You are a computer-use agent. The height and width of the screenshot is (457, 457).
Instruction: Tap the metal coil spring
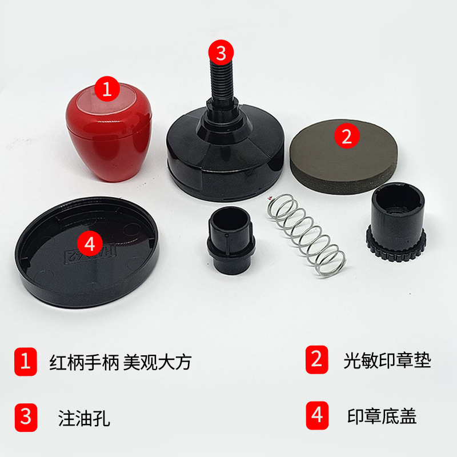click(x=307, y=235)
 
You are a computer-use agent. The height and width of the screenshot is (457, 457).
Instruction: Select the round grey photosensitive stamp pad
click(x=344, y=158)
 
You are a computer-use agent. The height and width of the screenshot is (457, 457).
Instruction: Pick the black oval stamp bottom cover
click(x=87, y=252)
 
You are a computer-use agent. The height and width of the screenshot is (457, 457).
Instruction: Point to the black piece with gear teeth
click(x=396, y=222)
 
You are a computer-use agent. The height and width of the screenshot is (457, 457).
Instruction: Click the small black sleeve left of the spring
click(x=231, y=240)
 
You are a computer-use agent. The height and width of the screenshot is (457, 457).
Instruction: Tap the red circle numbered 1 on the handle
click(x=107, y=89)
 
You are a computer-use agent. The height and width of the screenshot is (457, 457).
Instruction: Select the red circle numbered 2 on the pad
click(x=347, y=136)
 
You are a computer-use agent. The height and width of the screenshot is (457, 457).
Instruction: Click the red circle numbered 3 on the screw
click(x=221, y=53)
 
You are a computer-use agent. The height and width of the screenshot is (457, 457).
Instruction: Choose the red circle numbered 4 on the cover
click(x=90, y=243)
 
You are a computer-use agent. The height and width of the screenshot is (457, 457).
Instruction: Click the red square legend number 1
click(x=26, y=362)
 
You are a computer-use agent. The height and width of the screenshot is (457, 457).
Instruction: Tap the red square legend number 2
click(x=317, y=360)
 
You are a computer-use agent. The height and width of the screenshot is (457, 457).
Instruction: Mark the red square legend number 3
click(x=26, y=418)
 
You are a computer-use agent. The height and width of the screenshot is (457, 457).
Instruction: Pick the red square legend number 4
click(x=317, y=415)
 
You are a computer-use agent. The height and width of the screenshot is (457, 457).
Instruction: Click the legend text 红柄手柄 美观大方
click(x=121, y=362)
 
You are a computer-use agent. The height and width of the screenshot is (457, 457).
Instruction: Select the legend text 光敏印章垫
click(x=387, y=360)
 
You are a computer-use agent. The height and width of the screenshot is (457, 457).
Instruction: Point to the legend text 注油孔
click(x=84, y=418)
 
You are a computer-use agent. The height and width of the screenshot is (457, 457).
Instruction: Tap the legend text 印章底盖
click(x=382, y=416)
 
